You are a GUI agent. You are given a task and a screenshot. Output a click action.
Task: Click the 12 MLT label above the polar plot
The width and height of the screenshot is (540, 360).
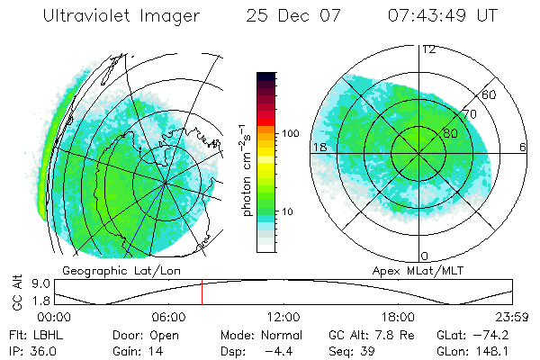point(427,49)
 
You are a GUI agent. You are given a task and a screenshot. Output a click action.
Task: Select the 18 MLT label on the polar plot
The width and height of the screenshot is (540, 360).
point(319,147)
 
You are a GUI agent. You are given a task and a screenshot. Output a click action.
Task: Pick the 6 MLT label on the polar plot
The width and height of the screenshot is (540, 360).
point(524,147)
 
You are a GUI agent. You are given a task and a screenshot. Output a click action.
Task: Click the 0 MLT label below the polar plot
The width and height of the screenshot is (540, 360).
point(425,256)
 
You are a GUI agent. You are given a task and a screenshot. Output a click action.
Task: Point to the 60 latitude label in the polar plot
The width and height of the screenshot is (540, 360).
point(490,94)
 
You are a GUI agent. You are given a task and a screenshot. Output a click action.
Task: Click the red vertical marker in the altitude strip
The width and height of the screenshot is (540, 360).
point(202,292)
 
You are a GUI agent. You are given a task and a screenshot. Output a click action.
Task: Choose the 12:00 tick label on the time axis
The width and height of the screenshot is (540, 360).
point(283,318)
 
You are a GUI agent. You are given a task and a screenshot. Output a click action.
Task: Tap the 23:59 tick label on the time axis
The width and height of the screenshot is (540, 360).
point(512,318)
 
